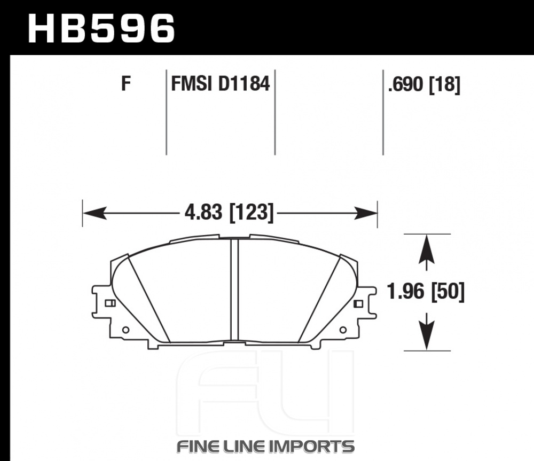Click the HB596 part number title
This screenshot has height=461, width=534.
(x=101, y=28)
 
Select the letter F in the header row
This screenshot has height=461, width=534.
(x=126, y=84)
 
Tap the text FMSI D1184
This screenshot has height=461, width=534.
(x=221, y=84)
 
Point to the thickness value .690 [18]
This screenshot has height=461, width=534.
(x=424, y=84)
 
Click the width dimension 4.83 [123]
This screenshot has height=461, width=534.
(x=229, y=213)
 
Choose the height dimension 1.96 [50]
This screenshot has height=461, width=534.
(x=426, y=292)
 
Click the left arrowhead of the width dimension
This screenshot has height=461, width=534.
(x=95, y=213)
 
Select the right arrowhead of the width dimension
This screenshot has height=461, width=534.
(x=366, y=213)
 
